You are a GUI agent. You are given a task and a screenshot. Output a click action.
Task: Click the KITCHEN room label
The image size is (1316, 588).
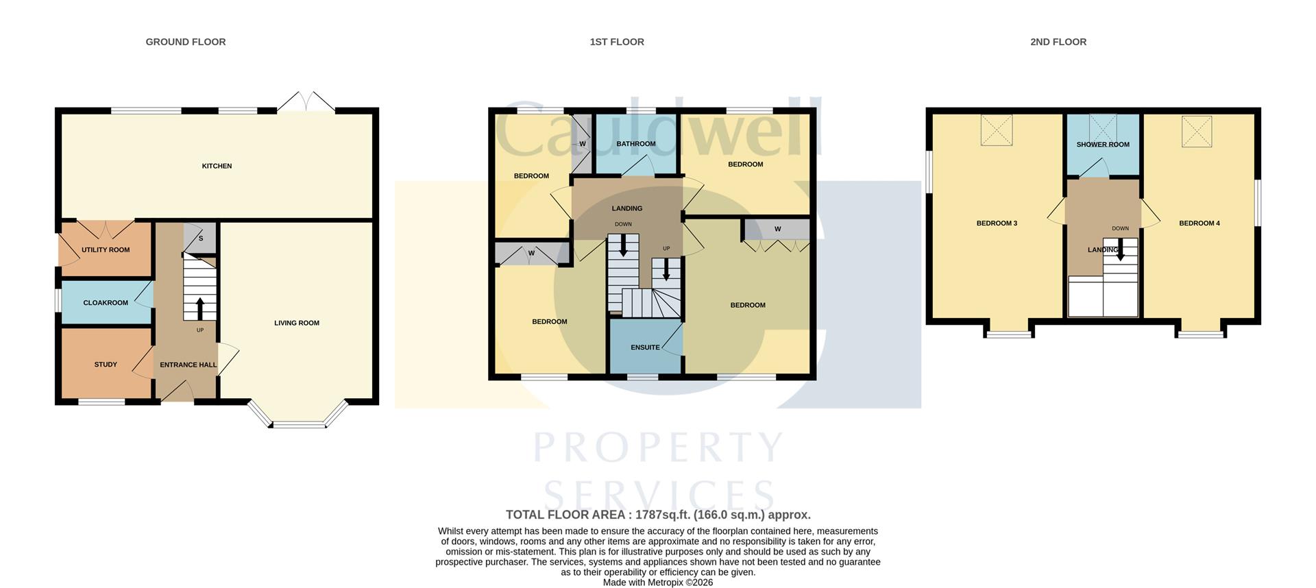(x=217, y=166)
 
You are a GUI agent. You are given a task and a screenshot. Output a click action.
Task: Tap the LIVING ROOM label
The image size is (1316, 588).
(x=297, y=323)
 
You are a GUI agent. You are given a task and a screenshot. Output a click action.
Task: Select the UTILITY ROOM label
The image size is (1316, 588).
(x=106, y=250)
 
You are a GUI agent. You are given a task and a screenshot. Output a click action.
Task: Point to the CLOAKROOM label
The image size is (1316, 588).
(x=106, y=303)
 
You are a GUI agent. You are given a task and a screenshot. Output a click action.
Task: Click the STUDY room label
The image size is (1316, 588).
(x=106, y=365)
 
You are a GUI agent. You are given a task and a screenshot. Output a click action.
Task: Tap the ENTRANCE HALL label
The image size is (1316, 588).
(x=188, y=365)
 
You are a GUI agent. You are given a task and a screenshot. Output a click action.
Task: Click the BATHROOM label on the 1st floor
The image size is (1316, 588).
(x=635, y=144)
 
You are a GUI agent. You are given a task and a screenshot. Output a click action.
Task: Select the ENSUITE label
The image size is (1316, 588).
(x=645, y=347)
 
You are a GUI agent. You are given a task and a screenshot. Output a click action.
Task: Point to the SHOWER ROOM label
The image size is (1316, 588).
(x=1102, y=145)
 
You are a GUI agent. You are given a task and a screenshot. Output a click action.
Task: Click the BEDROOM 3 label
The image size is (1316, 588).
(x=996, y=223)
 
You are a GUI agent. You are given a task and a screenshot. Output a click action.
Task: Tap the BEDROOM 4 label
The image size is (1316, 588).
(x=1199, y=223)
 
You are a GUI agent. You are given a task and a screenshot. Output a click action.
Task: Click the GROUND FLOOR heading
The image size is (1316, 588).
(x=186, y=42)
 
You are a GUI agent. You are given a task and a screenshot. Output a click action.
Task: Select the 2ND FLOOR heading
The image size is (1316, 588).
(x=1058, y=42)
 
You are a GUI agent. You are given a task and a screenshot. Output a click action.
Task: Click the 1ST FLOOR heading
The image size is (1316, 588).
(x=617, y=42)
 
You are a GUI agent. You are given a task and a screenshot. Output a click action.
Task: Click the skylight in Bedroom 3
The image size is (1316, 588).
(x=997, y=130)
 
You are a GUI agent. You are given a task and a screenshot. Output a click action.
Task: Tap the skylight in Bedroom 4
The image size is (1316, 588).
(x=1197, y=131)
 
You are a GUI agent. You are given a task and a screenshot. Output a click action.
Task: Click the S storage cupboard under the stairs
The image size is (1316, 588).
(x=201, y=238)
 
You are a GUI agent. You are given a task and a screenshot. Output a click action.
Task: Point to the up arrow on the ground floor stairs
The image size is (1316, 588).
(x=200, y=308)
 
